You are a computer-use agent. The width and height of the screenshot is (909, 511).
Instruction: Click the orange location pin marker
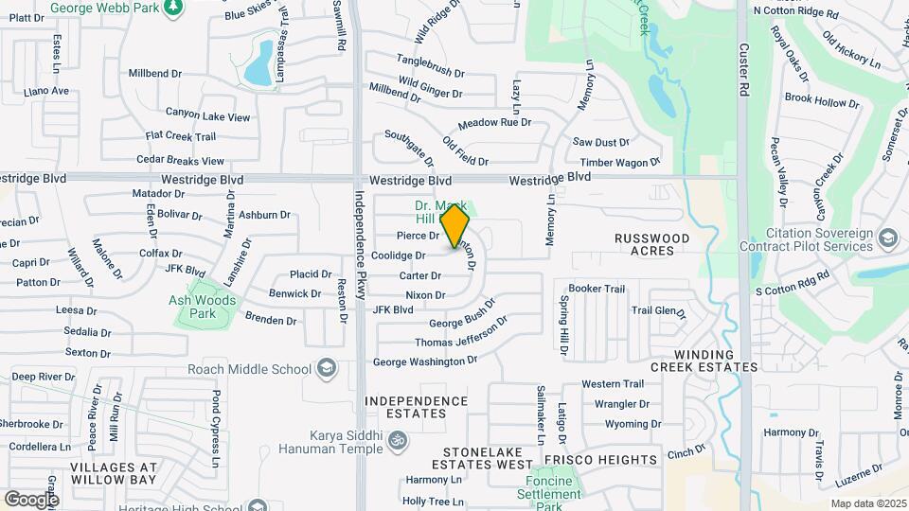[x=455, y=227]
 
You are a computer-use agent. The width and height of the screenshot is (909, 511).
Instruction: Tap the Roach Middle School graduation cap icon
[x=327, y=369]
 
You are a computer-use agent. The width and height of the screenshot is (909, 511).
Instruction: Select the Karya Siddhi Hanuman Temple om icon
[x=397, y=439]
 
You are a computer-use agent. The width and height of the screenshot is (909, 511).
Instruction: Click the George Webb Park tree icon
[x=172, y=9]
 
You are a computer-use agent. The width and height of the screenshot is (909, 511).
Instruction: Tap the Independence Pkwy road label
[x=360, y=245]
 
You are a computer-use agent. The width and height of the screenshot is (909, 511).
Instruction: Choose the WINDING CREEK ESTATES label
[x=704, y=360]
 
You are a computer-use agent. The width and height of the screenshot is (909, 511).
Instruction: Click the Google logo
[x=31, y=499]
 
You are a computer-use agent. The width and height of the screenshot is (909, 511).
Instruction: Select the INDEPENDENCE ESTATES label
[x=418, y=407]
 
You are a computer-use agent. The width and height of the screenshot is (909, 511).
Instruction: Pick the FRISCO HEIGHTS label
[x=609, y=460]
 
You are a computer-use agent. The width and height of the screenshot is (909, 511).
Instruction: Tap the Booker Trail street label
[x=597, y=289]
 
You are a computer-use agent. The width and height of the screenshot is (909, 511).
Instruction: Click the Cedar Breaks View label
[x=181, y=161]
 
